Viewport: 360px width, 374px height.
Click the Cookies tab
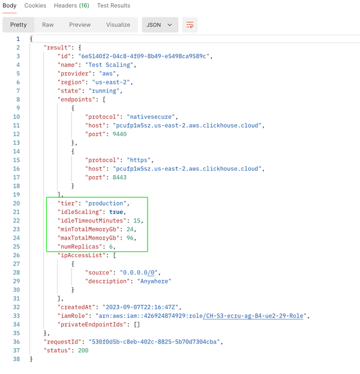click(x=35, y=5)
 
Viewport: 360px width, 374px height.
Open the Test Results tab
click(x=113, y=5)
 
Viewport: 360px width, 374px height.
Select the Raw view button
click(x=48, y=25)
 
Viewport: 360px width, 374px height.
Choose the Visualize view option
click(x=118, y=25)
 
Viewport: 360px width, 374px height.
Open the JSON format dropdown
click(x=160, y=25)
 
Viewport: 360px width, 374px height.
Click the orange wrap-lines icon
click(x=190, y=25)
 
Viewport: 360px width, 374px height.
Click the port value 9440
click(x=119, y=134)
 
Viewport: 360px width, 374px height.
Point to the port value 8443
click(x=119, y=177)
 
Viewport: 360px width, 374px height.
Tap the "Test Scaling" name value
click(x=109, y=65)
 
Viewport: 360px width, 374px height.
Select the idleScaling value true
click(x=116, y=212)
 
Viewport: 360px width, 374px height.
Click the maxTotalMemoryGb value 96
click(x=130, y=238)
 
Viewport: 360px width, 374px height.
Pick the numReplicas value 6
click(x=111, y=246)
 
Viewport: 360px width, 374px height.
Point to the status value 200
click(x=83, y=351)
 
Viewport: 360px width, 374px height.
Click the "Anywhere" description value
click(x=154, y=281)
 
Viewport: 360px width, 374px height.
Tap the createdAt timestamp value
click(x=140, y=307)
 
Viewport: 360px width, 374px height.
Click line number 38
click(x=16, y=359)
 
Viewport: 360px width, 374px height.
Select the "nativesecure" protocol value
click(x=151, y=117)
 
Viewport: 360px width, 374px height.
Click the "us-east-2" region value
click(x=111, y=82)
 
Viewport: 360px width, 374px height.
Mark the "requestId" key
click(x=61, y=342)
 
